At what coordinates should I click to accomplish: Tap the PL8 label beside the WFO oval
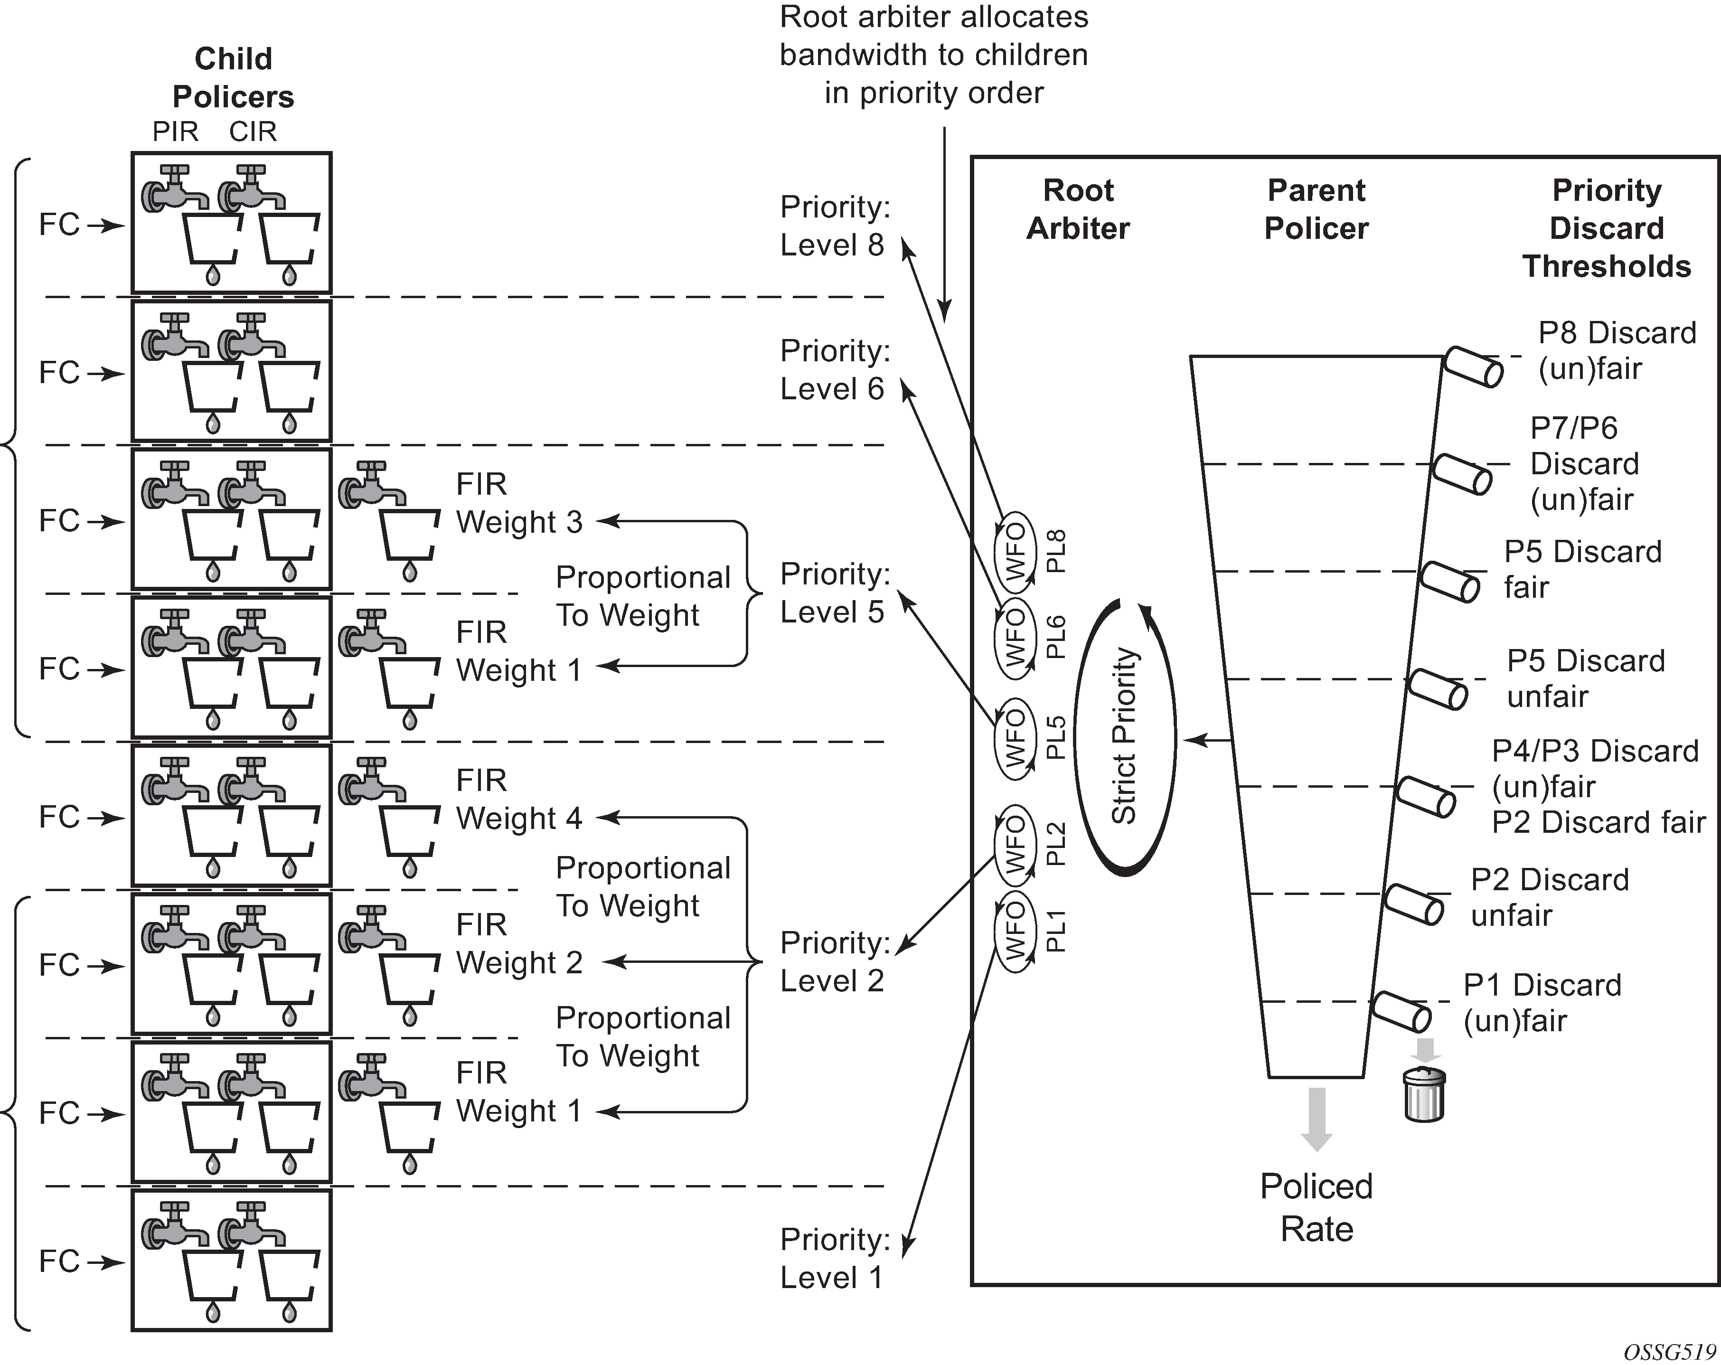click(1056, 551)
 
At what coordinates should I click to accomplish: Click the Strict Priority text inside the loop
click(1124, 736)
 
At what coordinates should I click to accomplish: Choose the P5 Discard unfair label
click(1585, 678)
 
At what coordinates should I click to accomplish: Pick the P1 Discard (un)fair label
click(1542, 1003)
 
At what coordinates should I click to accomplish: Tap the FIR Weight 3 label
click(519, 503)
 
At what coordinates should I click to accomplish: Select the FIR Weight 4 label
click(519, 799)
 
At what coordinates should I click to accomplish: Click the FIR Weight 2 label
click(519, 943)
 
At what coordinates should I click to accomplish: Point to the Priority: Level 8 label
click(834, 226)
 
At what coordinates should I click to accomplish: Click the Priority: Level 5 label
click(834, 593)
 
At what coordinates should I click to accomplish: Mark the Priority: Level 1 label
click(834, 1259)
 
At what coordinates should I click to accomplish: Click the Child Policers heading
click(233, 77)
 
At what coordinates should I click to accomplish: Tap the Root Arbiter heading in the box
click(1078, 209)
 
